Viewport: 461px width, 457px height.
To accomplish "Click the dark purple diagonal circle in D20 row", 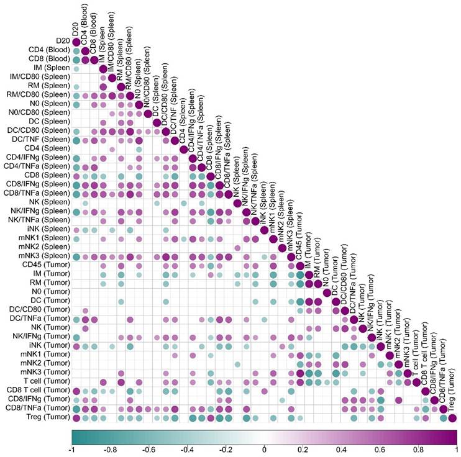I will [76, 42].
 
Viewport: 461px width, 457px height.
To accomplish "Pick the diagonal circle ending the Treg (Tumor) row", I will [453, 418].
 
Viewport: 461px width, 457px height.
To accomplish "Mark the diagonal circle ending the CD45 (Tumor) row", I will [301, 265].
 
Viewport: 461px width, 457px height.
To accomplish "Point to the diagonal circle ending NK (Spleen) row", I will [238, 202].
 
